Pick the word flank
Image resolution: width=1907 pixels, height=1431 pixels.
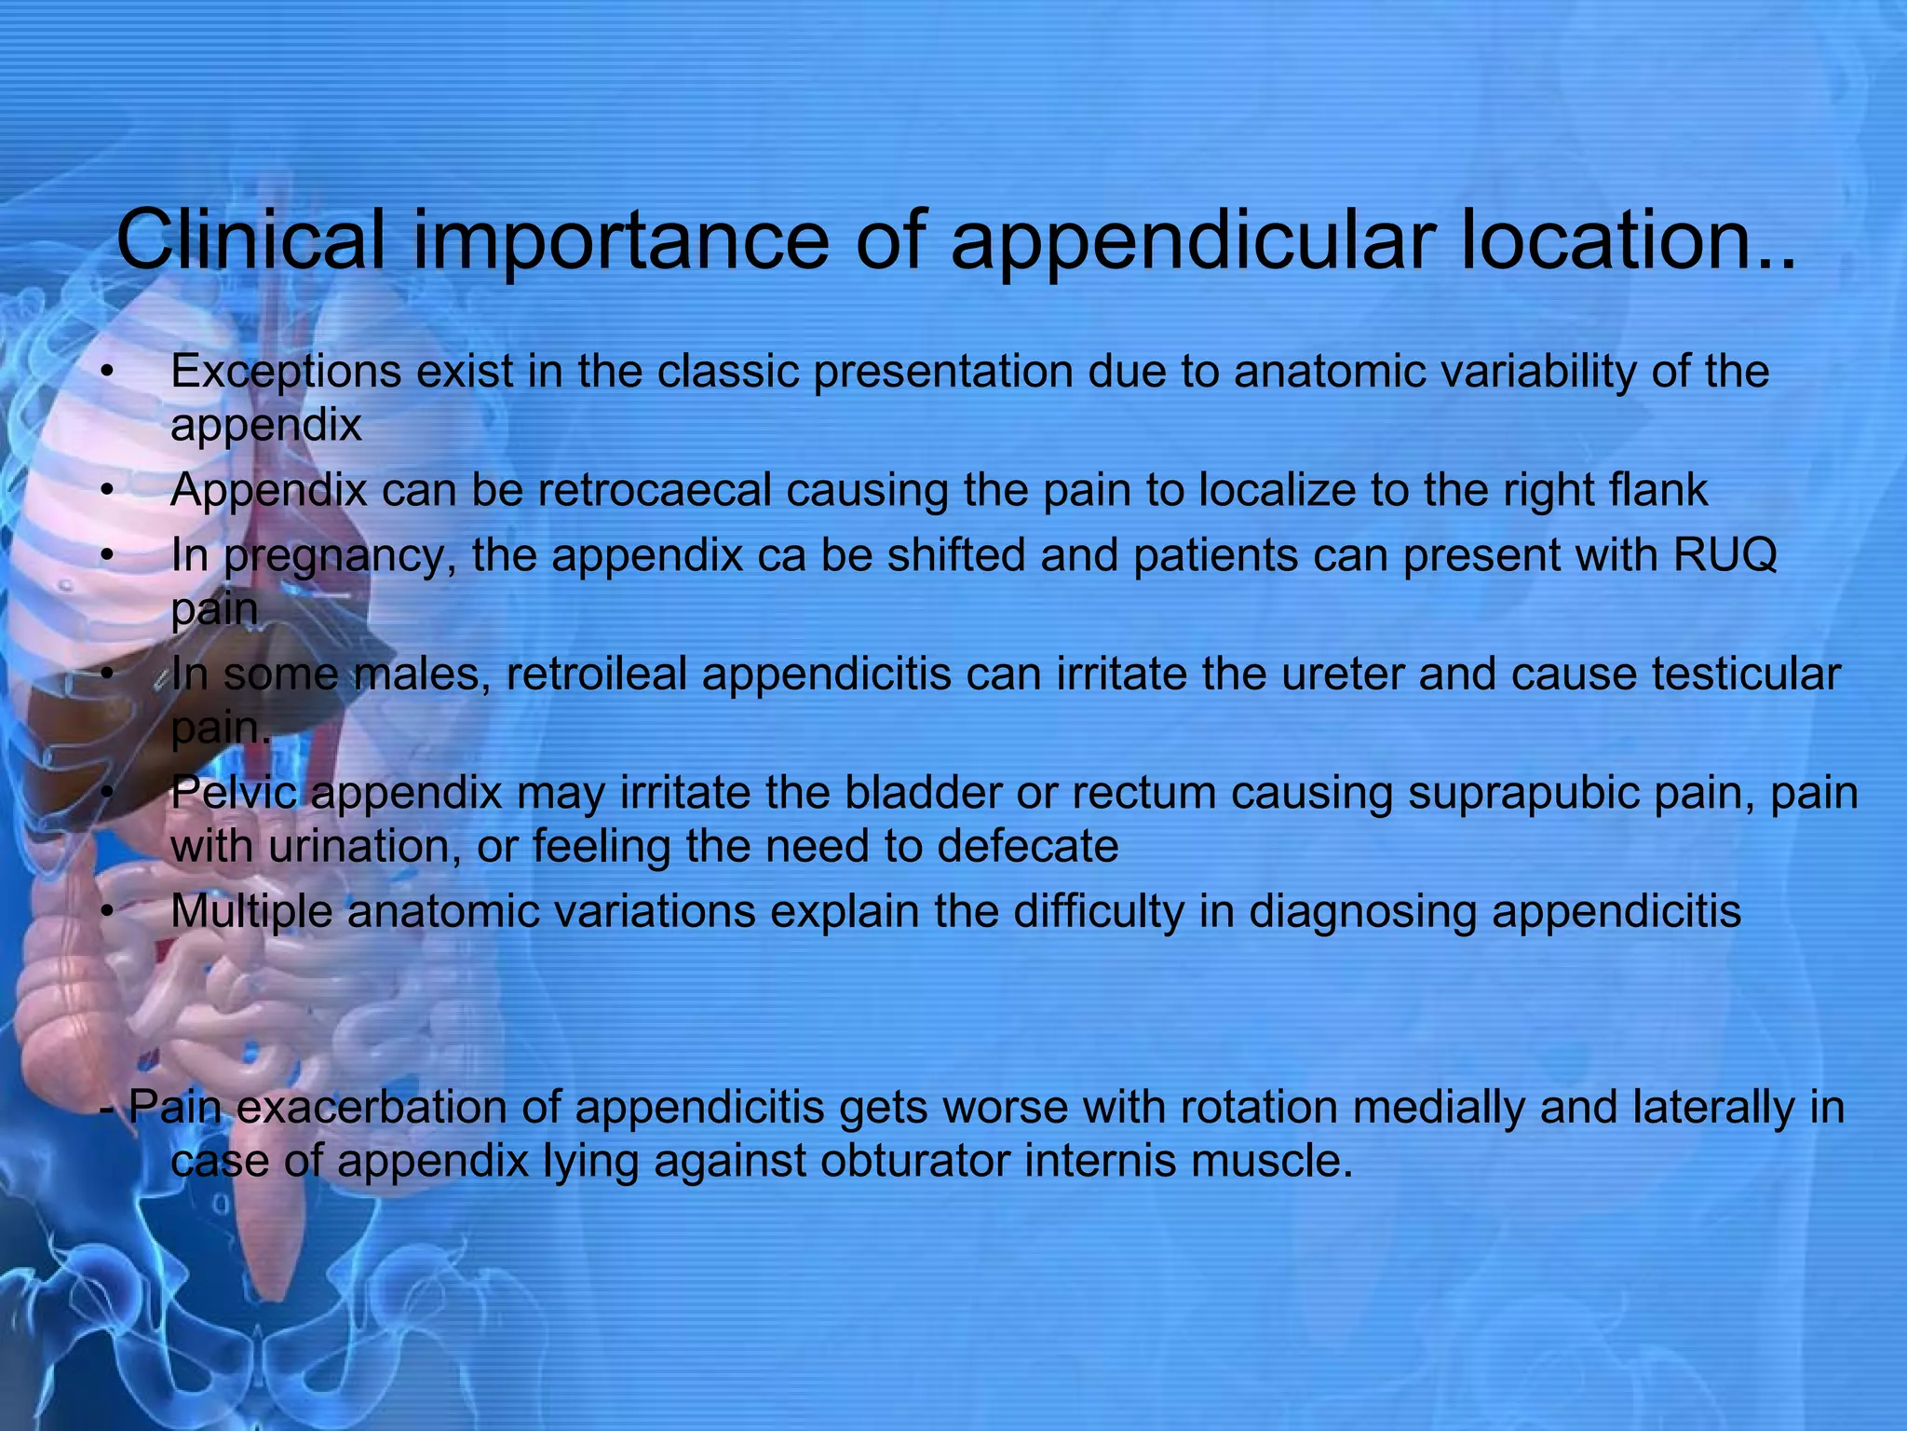click(1658, 490)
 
